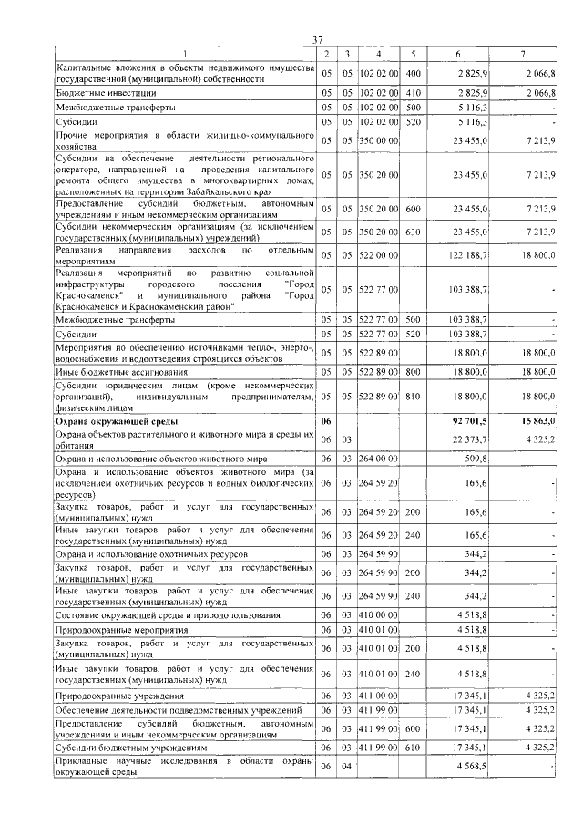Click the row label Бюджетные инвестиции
tap(107, 92)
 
